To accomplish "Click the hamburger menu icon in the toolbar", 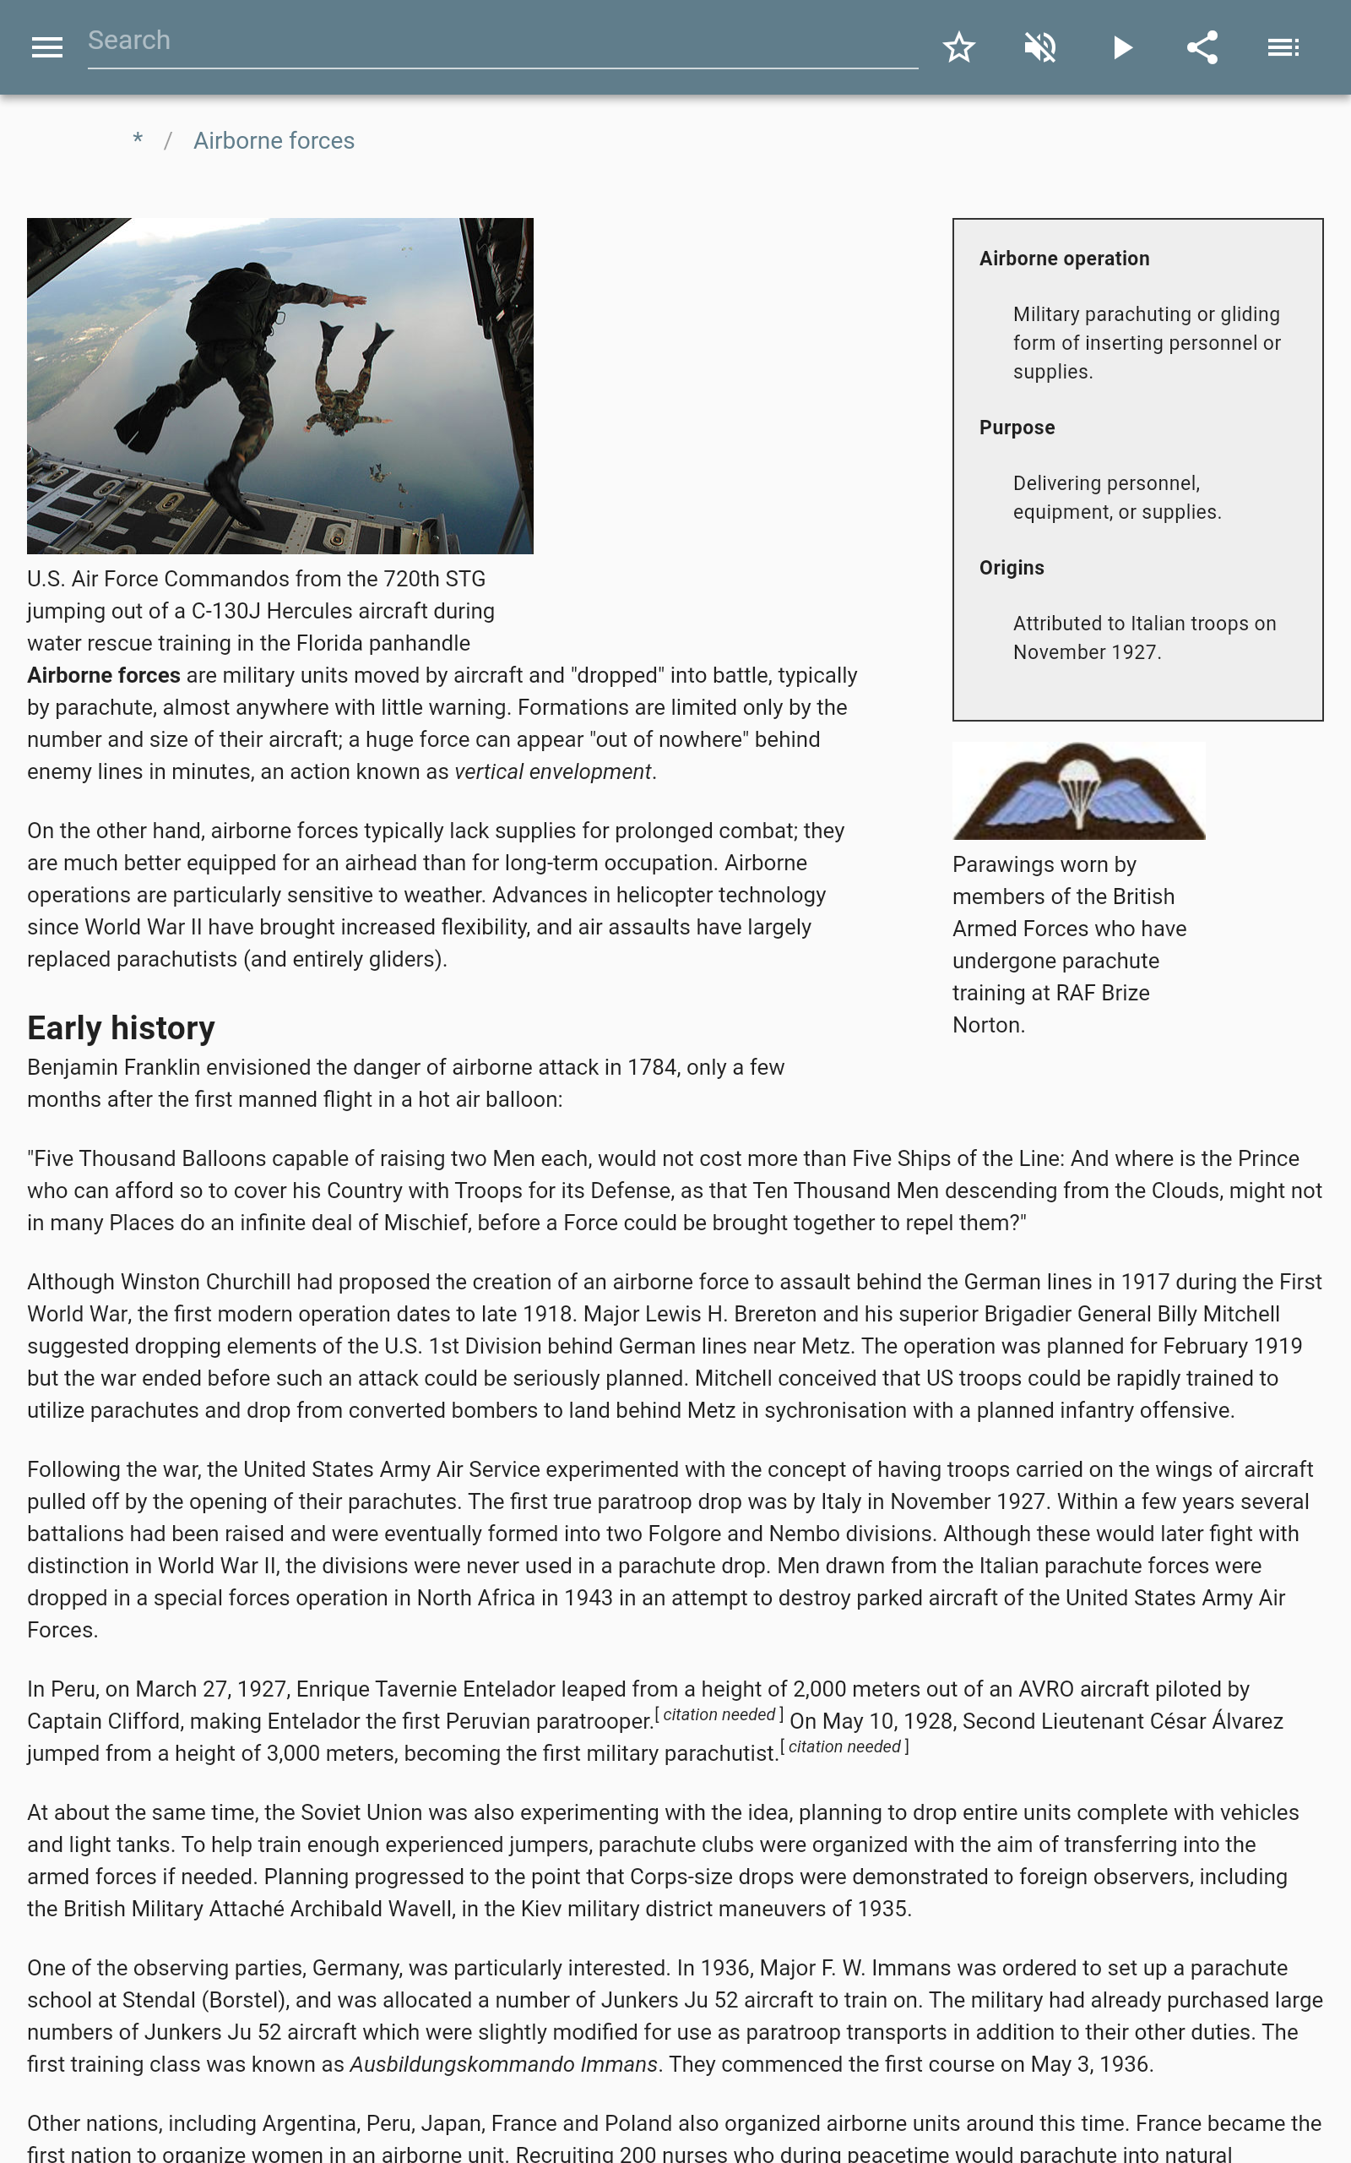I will [46, 47].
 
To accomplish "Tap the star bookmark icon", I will [958, 47].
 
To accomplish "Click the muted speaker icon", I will [1040, 47].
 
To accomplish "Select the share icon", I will [1202, 47].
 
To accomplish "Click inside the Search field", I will [501, 41].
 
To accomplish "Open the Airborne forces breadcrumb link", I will [274, 141].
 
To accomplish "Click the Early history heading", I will [121, 1028].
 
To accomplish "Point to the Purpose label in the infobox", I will [1017, 428].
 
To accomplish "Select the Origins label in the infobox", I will [1012, 569].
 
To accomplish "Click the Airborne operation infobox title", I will [1064, 259].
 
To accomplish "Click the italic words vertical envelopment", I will [552, 772].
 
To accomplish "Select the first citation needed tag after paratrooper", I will [719, 1715].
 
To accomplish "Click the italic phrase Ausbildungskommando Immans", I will [503, 2065].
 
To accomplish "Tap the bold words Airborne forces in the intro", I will [104, 676].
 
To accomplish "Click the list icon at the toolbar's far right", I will [1283, 47].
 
